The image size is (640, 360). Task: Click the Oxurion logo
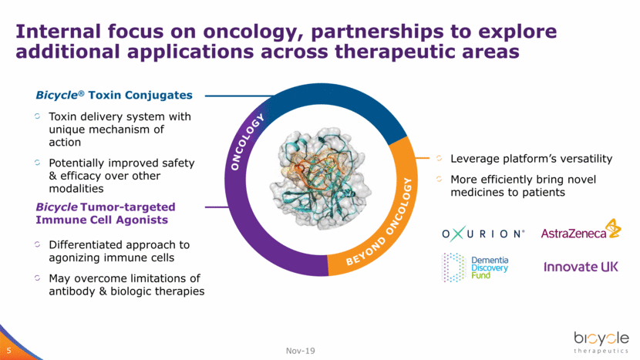[x=483, y=234]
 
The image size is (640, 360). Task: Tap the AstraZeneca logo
[x=581, y=230]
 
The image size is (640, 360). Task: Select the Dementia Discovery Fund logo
[x=476, y=267]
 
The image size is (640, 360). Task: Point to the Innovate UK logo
[x=581, y=267]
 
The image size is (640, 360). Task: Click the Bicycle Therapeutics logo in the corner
[x=601, y=342]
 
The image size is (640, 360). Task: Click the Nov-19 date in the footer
[x=301, y=351]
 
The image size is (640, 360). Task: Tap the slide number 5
[x=9, y=351]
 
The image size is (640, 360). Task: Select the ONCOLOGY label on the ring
[x=247, y=142]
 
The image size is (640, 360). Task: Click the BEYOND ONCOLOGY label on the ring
[x=379, y=222]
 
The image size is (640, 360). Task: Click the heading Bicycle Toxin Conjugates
[x=114, y=95]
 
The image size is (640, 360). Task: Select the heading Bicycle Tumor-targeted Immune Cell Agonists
[x=106, y=214]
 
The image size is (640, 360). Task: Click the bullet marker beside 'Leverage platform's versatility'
[x=440, y=158]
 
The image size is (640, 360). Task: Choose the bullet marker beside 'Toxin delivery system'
[x=38, y=116]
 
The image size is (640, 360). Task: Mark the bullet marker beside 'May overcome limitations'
[x=38, y=278]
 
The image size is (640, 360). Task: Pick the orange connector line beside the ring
[x=422, y=157]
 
